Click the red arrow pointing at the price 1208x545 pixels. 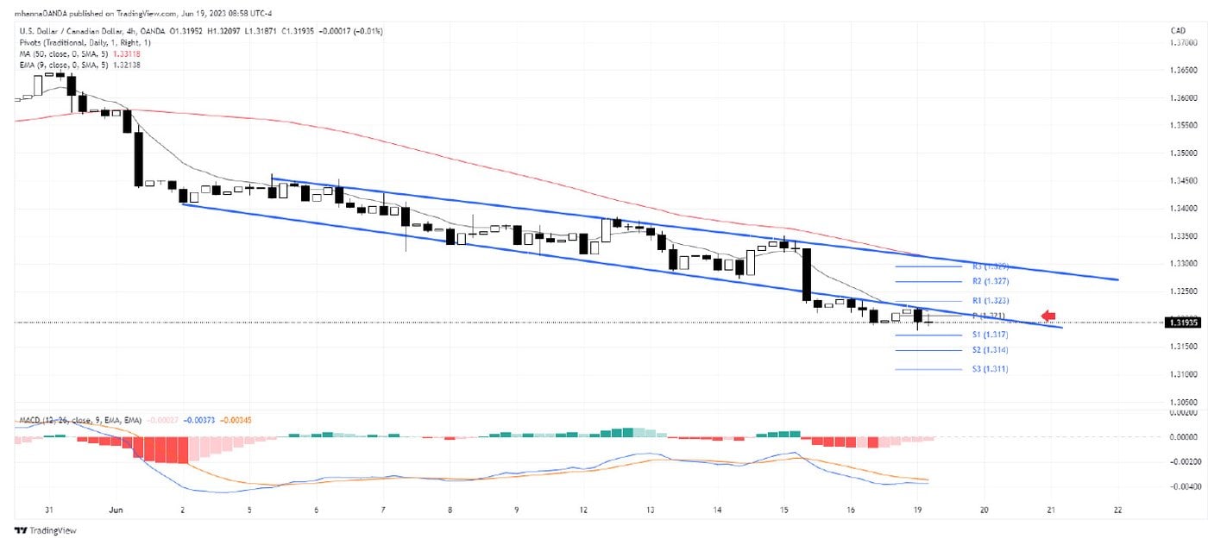[1048, 315]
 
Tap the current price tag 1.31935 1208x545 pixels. [1180, 323]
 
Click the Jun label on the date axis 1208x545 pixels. [116, 510]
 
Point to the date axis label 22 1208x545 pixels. [1118, 510]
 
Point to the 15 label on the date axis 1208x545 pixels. [783, 510]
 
